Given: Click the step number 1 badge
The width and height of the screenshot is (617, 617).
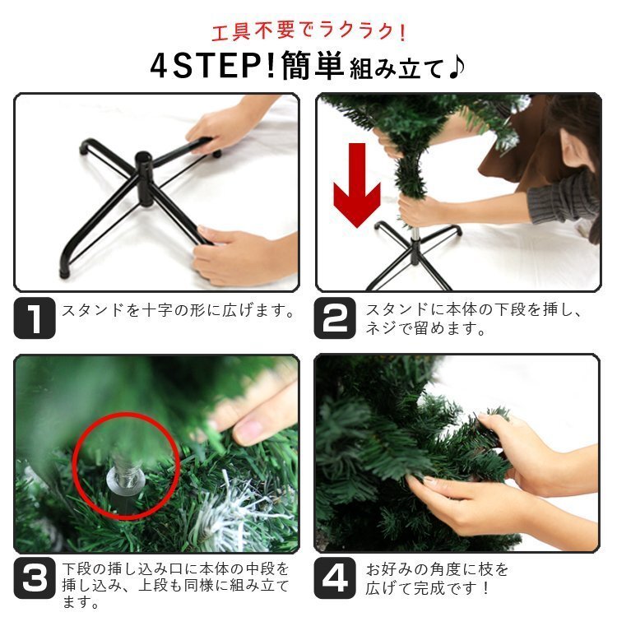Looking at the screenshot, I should (x=35, y=318).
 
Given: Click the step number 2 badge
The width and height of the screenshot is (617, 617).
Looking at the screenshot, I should (x=335, y=318).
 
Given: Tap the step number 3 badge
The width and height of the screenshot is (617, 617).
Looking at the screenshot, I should (x=35, y=581).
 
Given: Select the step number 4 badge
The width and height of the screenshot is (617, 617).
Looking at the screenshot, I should (x=335, y=580).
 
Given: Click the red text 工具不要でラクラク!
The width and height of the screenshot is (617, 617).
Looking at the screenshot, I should (x=308, y=32).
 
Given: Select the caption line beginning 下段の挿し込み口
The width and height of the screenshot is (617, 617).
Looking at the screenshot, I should (x=177, y=568).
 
